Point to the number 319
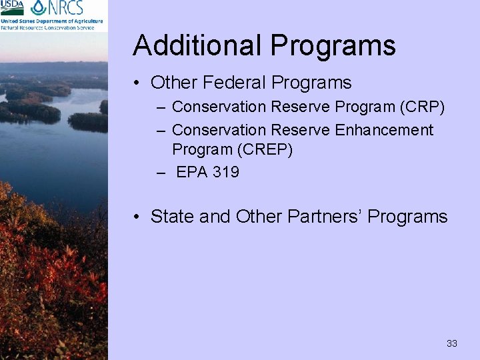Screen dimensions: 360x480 coord(226,172)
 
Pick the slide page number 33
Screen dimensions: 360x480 coord(452,343)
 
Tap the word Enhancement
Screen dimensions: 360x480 coord(384,130)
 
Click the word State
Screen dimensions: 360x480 coord(173,217)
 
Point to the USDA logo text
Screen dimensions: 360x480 coord(12,7)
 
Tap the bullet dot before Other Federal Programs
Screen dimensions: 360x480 coord(136,83)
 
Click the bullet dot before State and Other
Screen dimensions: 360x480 coord(136,217)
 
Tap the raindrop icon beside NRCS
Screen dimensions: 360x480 coord(39,7)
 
